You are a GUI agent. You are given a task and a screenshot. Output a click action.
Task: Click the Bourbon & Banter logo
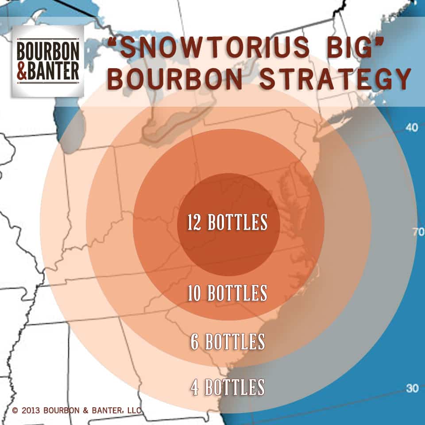pos(48,61)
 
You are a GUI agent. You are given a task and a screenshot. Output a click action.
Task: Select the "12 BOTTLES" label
pos(228,223)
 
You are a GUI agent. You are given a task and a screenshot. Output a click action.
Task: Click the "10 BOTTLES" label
pos(228,294)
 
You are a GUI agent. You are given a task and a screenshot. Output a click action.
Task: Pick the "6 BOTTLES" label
pos(228,342)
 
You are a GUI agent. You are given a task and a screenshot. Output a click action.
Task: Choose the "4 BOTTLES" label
pos(228,387)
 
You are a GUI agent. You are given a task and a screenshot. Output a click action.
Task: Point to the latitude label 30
pos(412,388)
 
